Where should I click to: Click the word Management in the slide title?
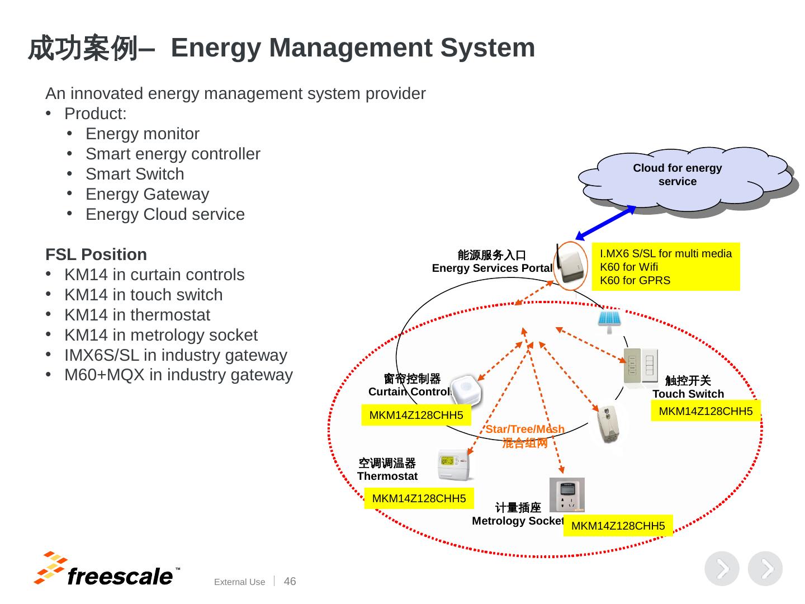coord(351,49)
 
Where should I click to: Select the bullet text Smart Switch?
coord(135,174)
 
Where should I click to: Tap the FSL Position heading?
coord(96,254)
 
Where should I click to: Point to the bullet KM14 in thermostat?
coord(137,315)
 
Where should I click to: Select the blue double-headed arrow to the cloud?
coord(605,222)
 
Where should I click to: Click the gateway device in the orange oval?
coord(569,265)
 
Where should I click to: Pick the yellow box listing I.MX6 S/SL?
coord(665,267)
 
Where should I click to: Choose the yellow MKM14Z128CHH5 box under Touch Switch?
coord(705,410)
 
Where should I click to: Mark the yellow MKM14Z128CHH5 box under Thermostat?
coord(419,498)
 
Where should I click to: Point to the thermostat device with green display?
coord(454,465)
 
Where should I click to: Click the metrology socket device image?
coord(567,494)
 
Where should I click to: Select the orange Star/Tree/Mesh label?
coord(525,429)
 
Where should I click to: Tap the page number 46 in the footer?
coord(290,581)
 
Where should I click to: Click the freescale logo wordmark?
coord(120,576)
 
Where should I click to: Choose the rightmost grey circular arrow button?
coord(765,568)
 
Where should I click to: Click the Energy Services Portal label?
coord(492,268)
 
